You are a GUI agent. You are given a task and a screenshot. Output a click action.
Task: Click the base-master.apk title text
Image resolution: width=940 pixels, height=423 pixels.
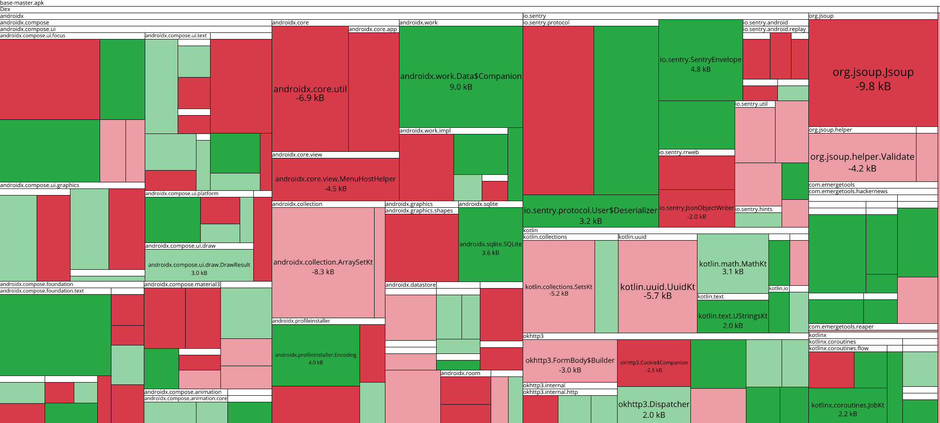pos(22,3)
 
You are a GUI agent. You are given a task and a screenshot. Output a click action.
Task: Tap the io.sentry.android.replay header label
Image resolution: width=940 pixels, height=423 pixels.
pos(774,29)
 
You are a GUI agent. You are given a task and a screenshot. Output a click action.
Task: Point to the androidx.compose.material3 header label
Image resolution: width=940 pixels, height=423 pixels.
pos(182,284)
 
